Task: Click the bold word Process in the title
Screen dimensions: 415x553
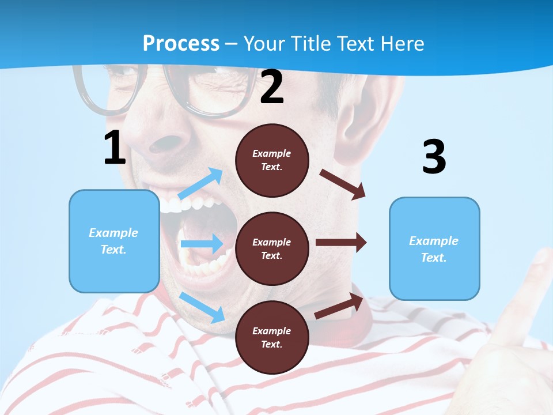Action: [181, 43]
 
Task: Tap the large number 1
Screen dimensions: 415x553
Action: [115, 148]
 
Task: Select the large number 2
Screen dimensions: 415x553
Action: [272, 88]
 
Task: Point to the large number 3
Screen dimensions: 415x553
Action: [434, 157]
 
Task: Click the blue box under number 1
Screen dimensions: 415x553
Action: [114, 241]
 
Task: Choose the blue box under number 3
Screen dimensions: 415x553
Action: [434, 248]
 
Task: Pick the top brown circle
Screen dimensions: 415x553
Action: [272, 160]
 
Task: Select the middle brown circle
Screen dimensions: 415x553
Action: [272, 248]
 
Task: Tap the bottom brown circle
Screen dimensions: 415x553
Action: [272, 337]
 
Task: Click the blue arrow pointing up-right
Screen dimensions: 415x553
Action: [200, 184]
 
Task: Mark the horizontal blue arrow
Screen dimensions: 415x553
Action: [201, 244]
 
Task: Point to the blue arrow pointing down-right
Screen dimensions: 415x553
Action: [202, 307]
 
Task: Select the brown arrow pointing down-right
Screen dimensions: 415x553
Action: [343, 184]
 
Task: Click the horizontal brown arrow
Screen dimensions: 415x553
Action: [340, 243]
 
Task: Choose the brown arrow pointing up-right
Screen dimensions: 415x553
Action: [339, 306]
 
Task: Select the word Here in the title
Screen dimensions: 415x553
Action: [400, 43]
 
